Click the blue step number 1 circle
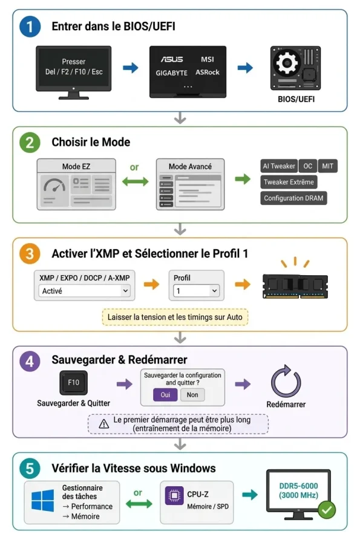click(30, 27)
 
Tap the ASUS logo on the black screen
click(172, 59)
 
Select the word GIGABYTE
click(172, 73)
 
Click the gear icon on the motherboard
click(286, 63)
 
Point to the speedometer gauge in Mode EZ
click(54, 186)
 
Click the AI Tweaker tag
click(279, 166)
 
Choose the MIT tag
click(327, 166)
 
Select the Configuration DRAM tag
click(293, 198)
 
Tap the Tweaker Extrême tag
click(289, 182)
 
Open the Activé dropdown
click(84, 291)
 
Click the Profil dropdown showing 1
click(197, 291)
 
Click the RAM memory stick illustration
click(295, 286)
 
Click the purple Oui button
click(165, 395)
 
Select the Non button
click(192, 395)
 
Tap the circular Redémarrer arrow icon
click(286, 381)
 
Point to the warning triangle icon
click(103, 424)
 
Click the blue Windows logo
click(43, 501)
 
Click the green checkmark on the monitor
click(327, 510)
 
